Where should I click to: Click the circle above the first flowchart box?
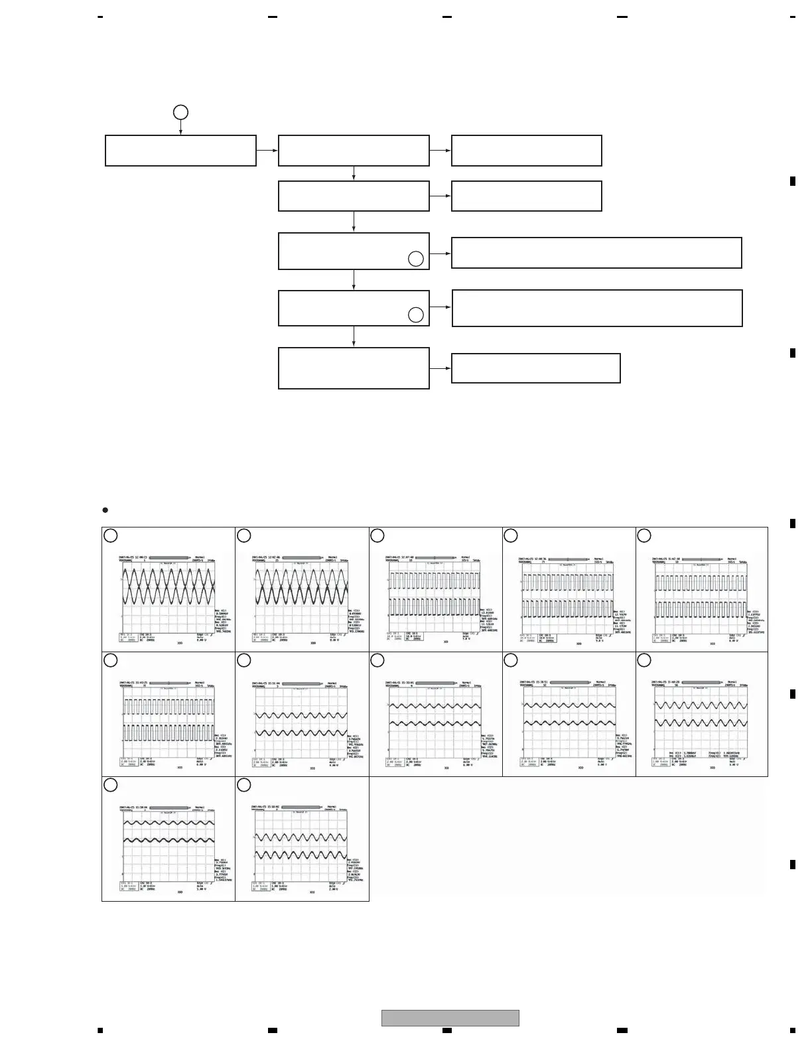tap(180, 112)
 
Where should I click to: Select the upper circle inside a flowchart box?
tap(415, 259)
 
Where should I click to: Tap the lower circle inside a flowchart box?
tap(415, 315)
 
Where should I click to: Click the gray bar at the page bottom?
tap(450, 1017)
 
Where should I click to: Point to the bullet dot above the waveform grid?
tap(105, 510)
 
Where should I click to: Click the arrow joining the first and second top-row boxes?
tap(267, 151)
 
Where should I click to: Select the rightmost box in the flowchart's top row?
tap(526, 151)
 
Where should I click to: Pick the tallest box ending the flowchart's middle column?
tap(354, 368)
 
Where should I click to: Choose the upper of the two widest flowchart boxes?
tap(596, 253)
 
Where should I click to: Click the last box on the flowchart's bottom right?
tap(535, 368)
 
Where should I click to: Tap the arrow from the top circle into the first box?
tap(180, 128)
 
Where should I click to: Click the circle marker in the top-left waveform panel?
tap(111, 535)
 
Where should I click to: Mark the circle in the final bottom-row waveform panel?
tap(244, 785)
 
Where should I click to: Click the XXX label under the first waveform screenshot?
tap(180, 644)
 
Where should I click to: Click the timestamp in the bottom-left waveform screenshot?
tap(133, 807)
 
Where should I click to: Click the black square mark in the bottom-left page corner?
tap(100, 1030)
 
